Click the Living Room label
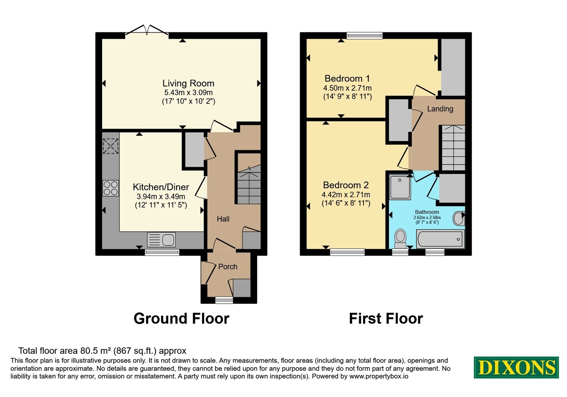[188, 83]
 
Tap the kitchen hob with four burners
[111, 188]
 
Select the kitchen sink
[161, 240]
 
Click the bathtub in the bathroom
[440, 239]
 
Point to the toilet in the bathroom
[400, 239]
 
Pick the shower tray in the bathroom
[400, 187]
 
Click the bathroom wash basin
[459, 218]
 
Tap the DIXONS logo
[516, 367]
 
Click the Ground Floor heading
[181, 319]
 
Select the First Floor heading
[386, 319]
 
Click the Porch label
[228, 267]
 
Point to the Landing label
[440, 109]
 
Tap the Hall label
[223, 219]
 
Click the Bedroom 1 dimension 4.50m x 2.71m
[347, 88]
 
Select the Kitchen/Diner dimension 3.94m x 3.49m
[161, 196]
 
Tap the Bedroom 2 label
[346, 185]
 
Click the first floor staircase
[454, 147]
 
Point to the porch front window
[224, 300]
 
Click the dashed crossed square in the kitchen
[111, 146]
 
